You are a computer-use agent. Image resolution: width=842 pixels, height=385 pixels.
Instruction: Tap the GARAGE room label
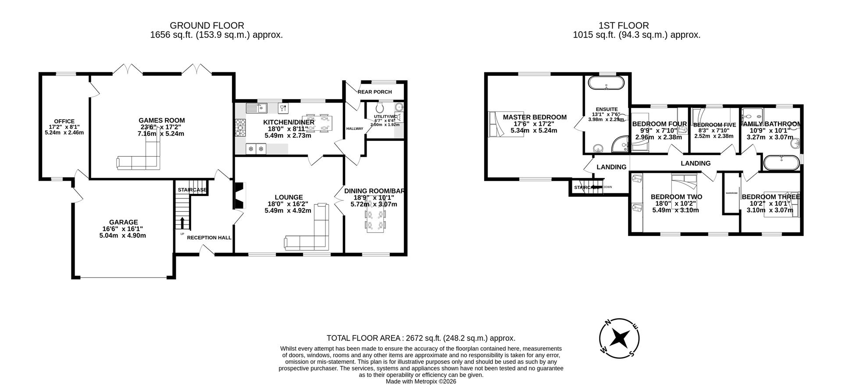pos(123,222)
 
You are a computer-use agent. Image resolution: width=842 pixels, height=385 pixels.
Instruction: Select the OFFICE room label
pos(64,121)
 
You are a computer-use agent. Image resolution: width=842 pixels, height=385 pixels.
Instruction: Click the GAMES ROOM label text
pos(161,120)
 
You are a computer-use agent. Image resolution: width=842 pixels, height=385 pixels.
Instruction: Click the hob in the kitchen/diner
pos(240,128)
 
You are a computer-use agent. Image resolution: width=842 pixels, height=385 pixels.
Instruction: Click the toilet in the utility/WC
pos(380,107)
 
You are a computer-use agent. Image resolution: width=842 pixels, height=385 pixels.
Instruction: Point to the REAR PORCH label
pos(375,92)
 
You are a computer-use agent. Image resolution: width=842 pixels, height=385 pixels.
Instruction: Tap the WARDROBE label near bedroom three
pos(731,193)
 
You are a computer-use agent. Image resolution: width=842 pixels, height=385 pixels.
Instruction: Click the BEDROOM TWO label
pos(676,197)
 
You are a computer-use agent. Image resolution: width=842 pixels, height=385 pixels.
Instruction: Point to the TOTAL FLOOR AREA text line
pos(421,338)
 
